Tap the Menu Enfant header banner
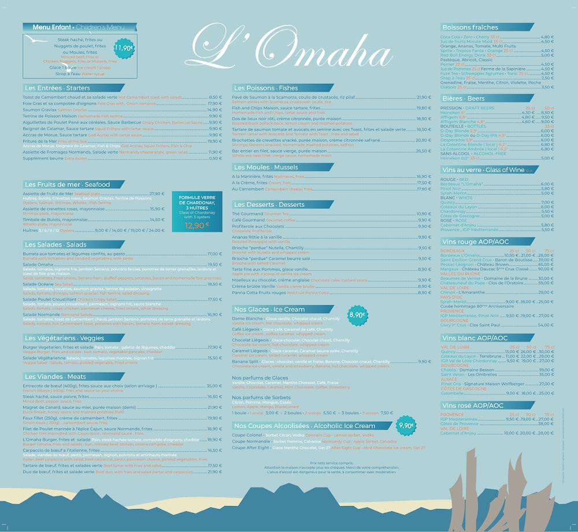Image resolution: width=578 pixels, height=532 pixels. (x=79, y=27)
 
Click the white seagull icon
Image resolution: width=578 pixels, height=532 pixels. (x=36, y=41)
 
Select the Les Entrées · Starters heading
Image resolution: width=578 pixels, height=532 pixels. (x=57, y=88)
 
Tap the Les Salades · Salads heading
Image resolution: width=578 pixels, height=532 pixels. (x=55, y=244)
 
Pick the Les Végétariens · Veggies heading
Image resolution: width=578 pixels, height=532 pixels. (x=64, y=337)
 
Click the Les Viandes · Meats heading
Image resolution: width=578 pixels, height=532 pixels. (x=55, y=377)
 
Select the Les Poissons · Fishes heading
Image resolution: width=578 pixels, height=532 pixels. (x=265, y=88)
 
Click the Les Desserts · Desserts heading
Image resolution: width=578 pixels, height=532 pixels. (x=269, y=204)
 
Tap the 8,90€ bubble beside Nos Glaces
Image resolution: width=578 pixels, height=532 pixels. (x=357, y=315)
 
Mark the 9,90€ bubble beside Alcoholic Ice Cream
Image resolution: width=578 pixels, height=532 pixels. (x=406, y=426)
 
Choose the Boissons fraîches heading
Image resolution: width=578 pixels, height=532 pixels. (x=470, y=27)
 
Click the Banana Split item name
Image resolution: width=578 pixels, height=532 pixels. (x=244, y=362)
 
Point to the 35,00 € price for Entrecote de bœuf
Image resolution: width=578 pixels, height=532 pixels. (x=214, y=385)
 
